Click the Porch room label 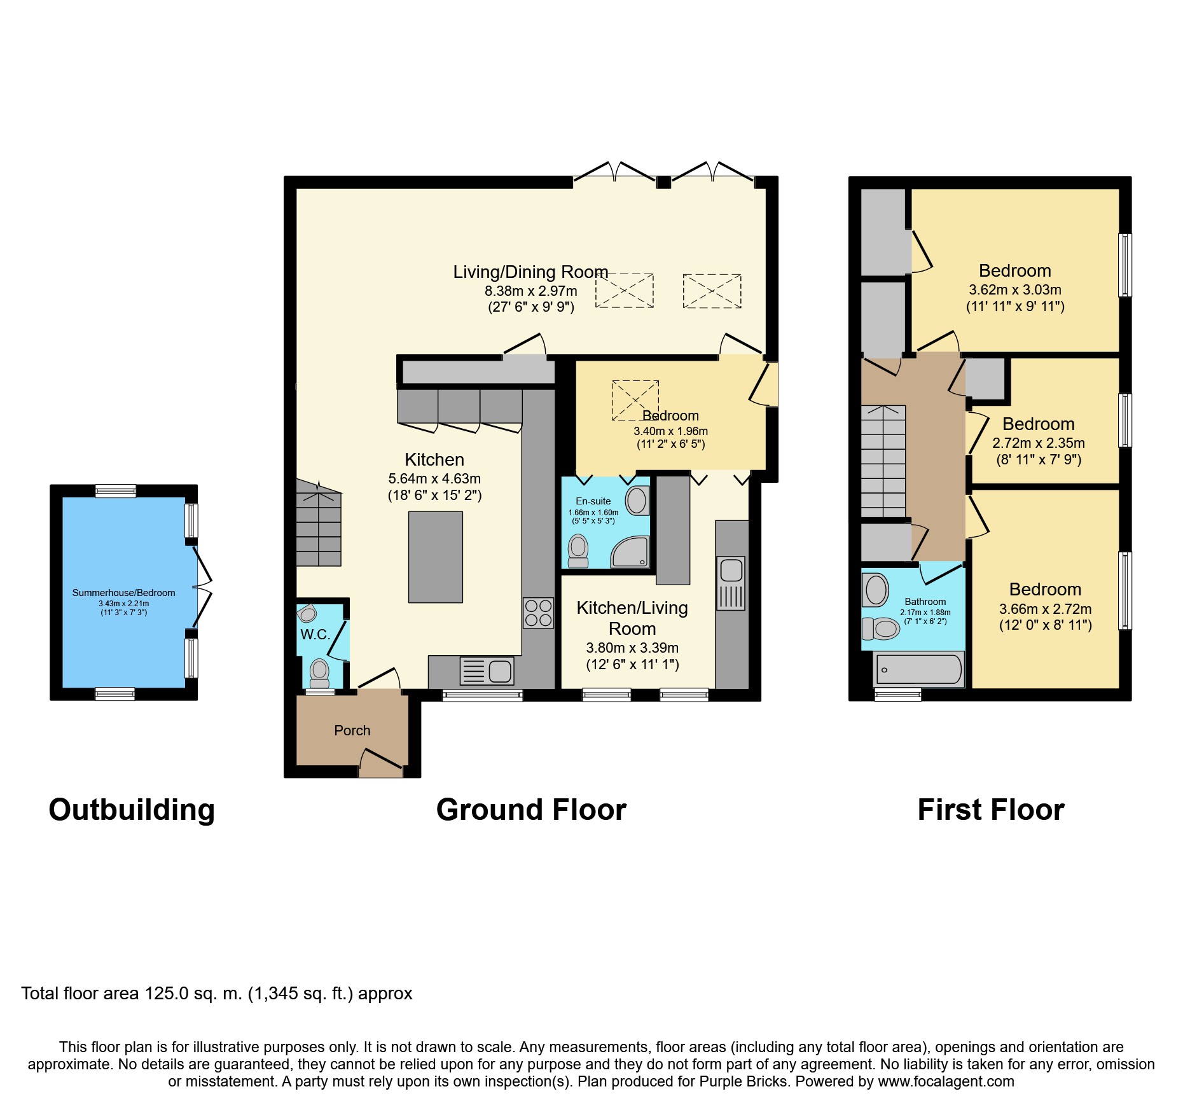pos(352,730)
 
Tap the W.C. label pos(315,634)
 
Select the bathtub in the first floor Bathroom pos(919,669)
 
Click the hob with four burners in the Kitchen pos(538,613)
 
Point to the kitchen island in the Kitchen pos(435,557)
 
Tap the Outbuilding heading pos(132,810)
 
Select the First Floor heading pos(991,810)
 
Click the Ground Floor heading pos(531,810)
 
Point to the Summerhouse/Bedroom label pos(123,593)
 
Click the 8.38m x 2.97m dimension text pos(531,291)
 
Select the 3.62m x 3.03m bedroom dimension pos(1015,290)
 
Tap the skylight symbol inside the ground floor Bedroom pos(635,400)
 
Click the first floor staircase pos(883,461)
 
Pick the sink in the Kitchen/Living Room pos(731,583)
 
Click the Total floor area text pos(217,994)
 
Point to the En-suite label pos(593,501)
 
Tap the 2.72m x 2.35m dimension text pos(1039,443)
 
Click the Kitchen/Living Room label pos(632,618)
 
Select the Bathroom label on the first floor pos(925,602)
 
